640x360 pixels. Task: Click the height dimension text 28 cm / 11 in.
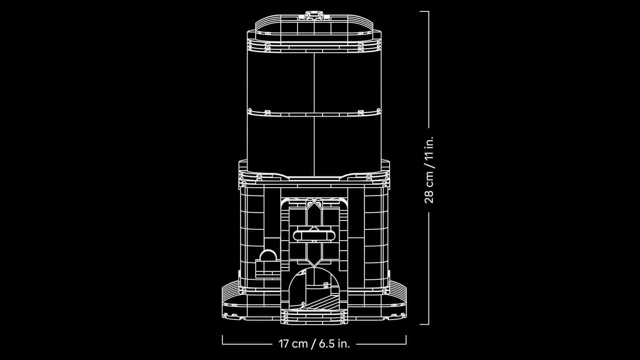click(x=429, y=170)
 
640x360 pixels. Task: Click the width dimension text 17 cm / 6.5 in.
click(x=314, y=343)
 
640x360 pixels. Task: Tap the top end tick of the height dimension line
click(x=424, y=12)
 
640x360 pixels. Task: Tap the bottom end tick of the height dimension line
click(x=424, y=324)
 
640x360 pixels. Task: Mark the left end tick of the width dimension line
click(x=223, y=340)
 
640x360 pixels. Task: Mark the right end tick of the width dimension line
click(x=406, y=340)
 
